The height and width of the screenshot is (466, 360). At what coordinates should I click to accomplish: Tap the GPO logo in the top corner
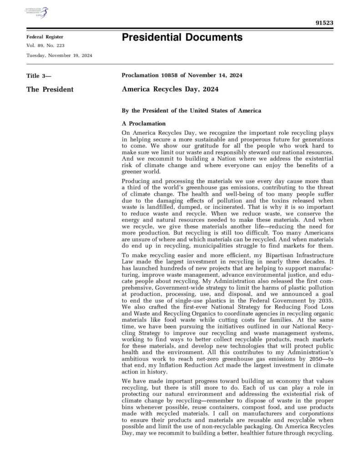coord(37,12)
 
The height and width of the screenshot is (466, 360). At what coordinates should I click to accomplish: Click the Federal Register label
coord(45,37)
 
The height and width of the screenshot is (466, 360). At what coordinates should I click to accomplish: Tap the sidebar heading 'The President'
coord(50,90)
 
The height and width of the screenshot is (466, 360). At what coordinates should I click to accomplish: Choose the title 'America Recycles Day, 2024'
coord(170,89)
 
